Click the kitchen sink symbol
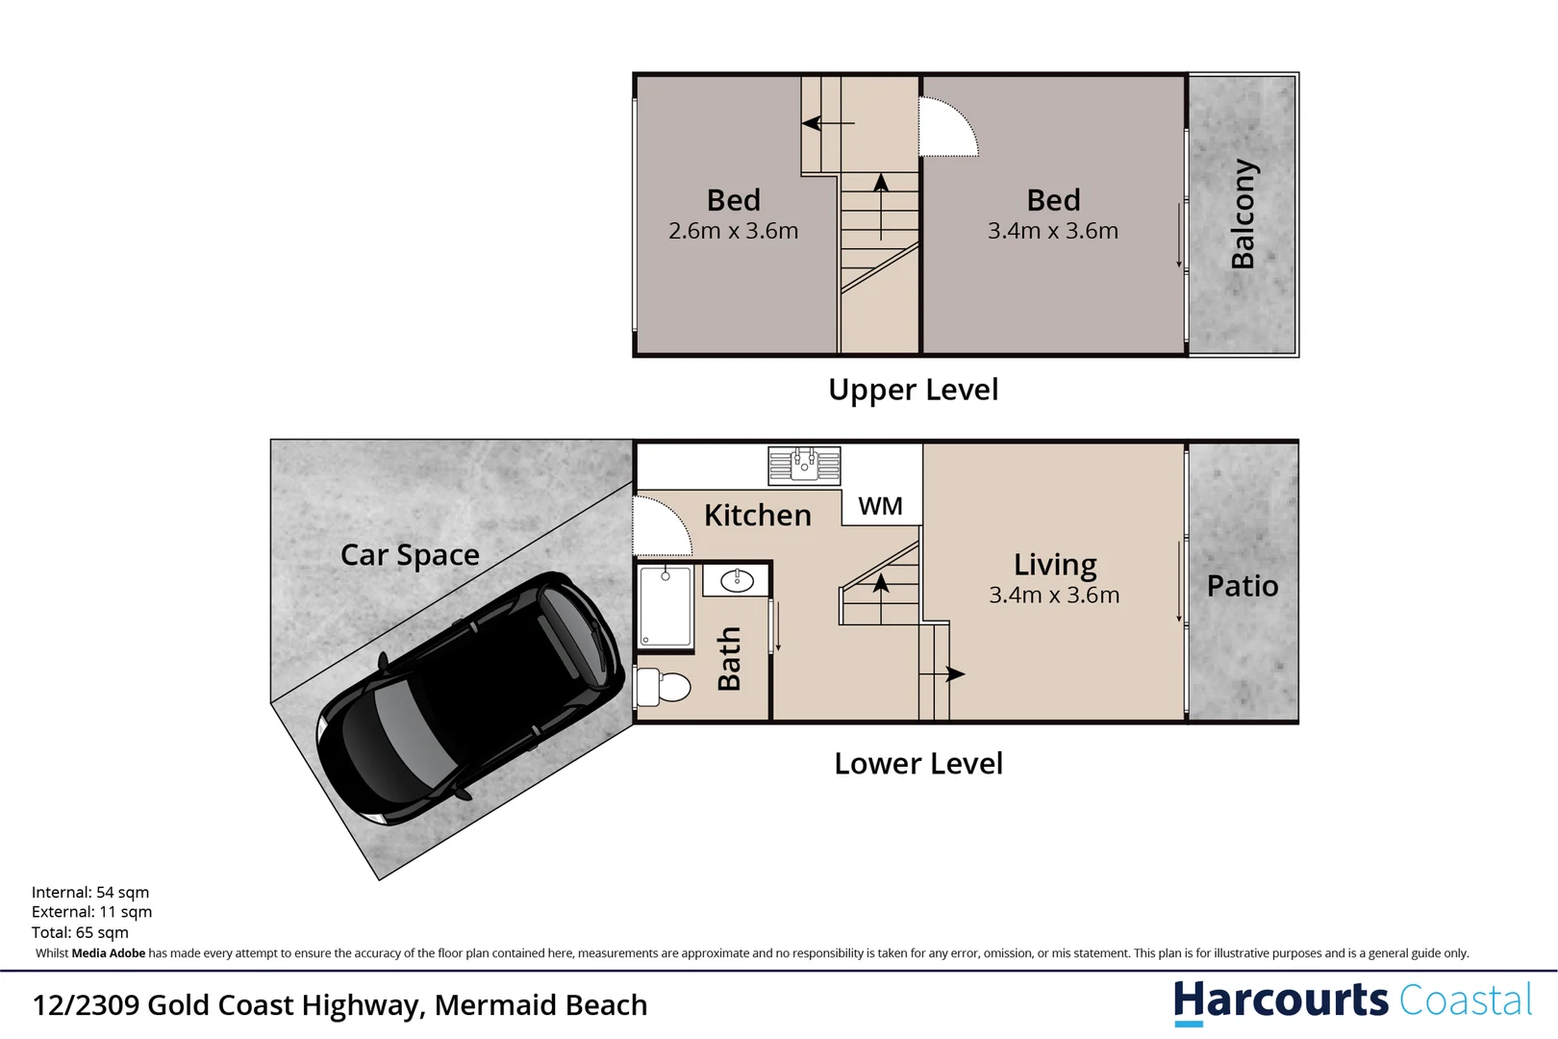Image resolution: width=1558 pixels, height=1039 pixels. [804, 466]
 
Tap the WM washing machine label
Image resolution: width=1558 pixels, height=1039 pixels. [880, 506]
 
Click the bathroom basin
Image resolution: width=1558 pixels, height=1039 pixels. [737, 580]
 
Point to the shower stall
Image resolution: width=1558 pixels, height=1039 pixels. [666, 607]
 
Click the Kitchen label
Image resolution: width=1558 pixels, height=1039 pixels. [758, 516]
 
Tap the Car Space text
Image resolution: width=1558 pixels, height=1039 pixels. [410, 555]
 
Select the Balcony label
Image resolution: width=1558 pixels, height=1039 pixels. [1243, 214]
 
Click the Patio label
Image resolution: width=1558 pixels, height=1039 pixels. [1243, 586]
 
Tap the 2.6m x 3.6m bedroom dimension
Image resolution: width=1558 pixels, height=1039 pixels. [733, 231]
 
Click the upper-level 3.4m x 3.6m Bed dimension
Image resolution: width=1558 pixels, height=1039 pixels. [1053, 231]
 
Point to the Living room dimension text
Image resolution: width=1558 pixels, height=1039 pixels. [1054, 596]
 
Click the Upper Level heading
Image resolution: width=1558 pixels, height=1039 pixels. [914, 390]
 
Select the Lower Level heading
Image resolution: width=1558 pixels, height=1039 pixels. [918, 764]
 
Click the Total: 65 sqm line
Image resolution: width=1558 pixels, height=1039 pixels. [80, 932]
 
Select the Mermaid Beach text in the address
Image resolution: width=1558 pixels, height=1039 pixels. [540, 1005]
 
